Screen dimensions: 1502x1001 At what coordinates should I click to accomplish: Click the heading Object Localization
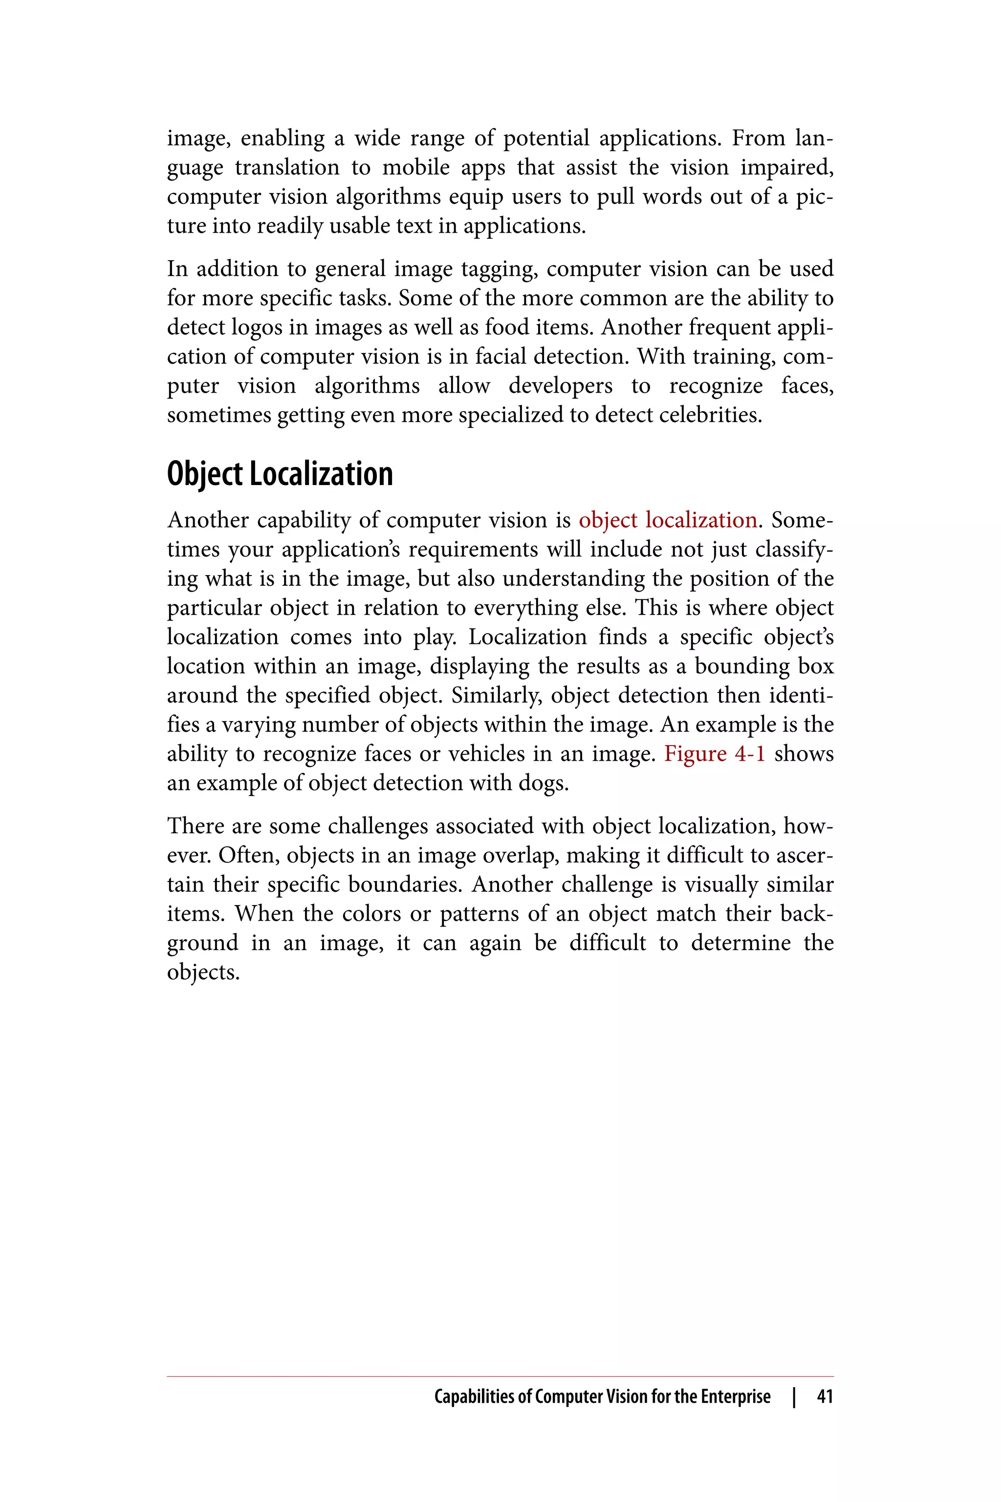tap(280, 474)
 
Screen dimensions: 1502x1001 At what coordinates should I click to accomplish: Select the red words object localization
tap(668, 520)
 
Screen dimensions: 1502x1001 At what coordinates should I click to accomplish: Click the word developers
tap(560, 386)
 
